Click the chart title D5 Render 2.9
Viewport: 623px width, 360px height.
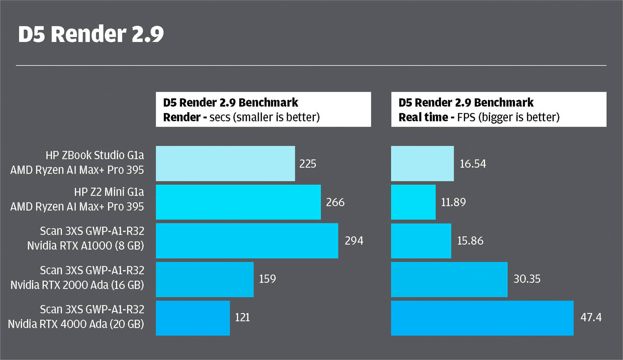(91, 34)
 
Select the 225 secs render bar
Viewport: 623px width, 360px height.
(225, 164)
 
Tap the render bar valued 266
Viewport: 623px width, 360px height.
(238, 202)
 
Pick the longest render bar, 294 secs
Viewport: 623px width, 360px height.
(247, 241)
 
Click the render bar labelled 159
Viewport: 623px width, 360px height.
(204, 279)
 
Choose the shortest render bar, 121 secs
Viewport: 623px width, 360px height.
(193, 318)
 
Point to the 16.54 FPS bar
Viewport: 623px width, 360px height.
(422, 164)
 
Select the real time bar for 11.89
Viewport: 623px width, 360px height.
(413, 202)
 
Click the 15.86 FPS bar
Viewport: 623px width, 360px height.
(421, 241)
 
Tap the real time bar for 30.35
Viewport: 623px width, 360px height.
(449, 279)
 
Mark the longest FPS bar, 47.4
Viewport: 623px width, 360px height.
(482, 318)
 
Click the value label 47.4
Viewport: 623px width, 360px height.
(591, 318)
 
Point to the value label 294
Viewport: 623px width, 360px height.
(354, 241)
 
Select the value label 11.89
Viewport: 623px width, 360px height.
(453, 202)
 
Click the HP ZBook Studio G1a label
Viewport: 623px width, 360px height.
(95, 155)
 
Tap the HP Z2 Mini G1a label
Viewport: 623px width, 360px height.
(109, 192)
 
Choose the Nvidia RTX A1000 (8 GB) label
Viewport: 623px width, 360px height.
(86, 246)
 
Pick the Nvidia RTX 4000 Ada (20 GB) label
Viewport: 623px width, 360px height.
(76, 324)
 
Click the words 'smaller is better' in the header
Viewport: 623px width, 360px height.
(277, 118)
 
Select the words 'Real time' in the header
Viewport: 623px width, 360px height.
(423, 118)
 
